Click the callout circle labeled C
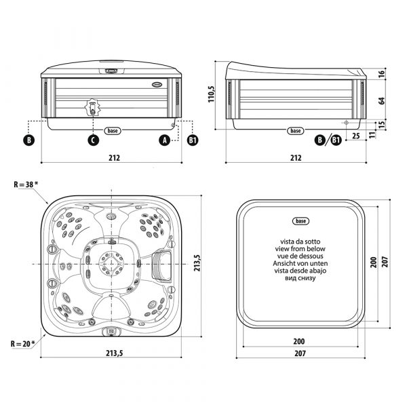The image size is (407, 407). [x=94, y=140]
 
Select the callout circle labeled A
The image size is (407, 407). [x=164, y=140]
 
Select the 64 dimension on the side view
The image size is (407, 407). [x=382, y=100]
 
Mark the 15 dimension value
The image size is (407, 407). [x=382, y=125]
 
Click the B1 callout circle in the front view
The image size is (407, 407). [x=193, y=140]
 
